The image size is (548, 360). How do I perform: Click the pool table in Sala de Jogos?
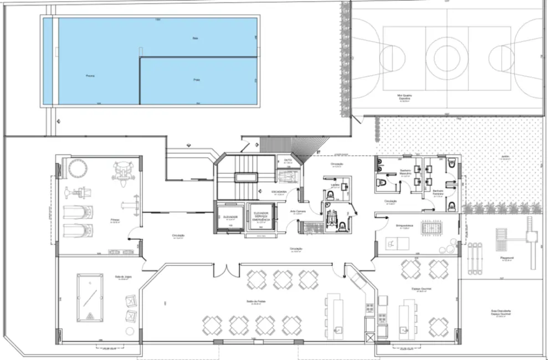[89, 297]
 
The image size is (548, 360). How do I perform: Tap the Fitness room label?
[115, 220]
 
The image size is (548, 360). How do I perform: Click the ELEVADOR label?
[231, 217]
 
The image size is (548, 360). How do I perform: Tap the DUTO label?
[288, 161]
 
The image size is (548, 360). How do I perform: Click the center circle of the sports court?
[447, 55]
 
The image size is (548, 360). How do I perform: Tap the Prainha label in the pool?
[196, 80]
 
